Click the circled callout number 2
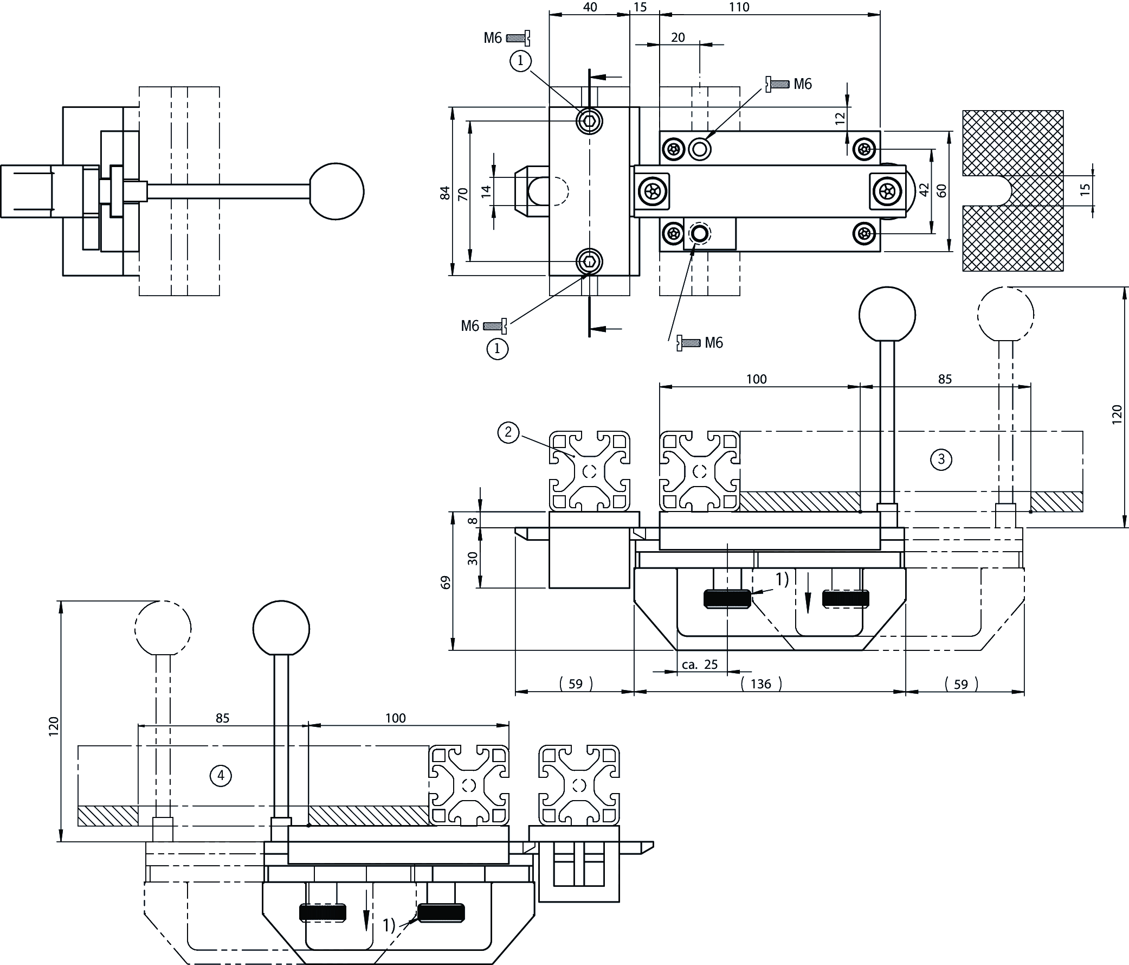[x=508, y=433]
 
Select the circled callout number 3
[x=941, y=459]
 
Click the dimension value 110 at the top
[x=739, y=7]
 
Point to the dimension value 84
[x=446, y=193]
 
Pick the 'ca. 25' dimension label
[x=700, y=664]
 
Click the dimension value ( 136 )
[x=761, y=683]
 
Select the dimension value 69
[x=446, y=581]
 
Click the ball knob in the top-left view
[x=336, y=191]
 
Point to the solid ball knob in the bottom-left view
[x=281, y=628]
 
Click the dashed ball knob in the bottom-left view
[x=163, y=628]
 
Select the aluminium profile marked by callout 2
[x=590, y=471]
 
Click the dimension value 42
[x=924, y=190]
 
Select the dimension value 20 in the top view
[x=678, y=37]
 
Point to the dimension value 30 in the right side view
[x=473, y=558]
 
